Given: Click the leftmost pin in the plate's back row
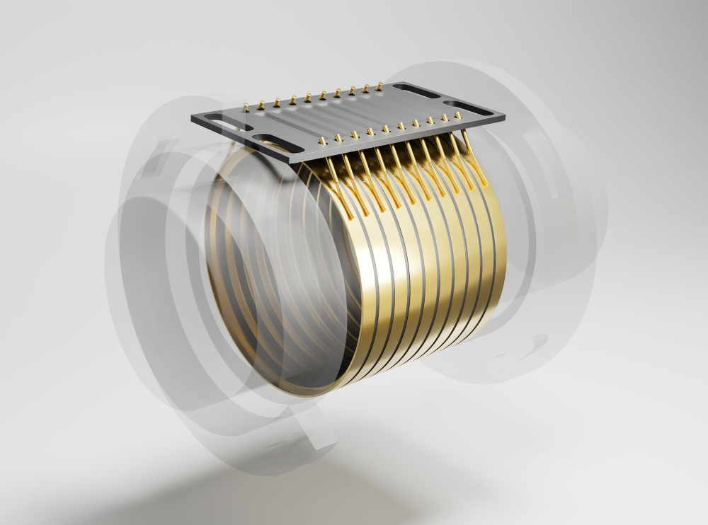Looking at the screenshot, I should (246, 108).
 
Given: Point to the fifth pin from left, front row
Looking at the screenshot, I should (385, 129).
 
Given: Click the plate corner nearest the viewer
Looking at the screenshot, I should (292, 162).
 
